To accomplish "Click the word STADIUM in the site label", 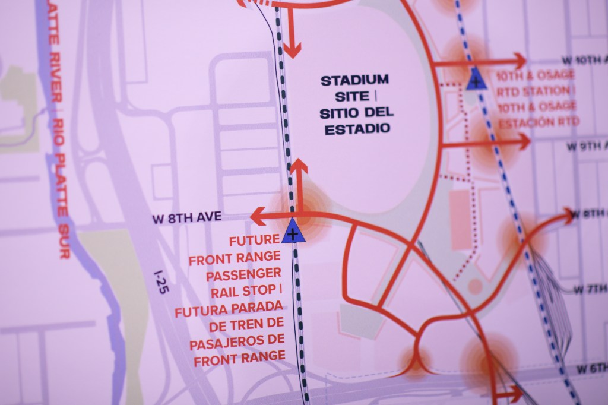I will [x=355, y=80].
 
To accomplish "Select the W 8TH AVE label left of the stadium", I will [x=186, y=218].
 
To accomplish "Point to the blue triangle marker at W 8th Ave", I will [x=292, y=232].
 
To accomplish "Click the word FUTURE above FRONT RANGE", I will [x=254, y=240].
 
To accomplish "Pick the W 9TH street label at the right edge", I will [x=587, y=146].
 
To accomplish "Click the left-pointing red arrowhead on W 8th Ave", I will [x=257, y=217].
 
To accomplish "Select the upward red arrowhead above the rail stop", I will [x=298, y=167].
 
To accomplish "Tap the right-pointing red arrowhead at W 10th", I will [x=520, y=61].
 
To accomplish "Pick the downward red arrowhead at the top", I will [x=291, y=50].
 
